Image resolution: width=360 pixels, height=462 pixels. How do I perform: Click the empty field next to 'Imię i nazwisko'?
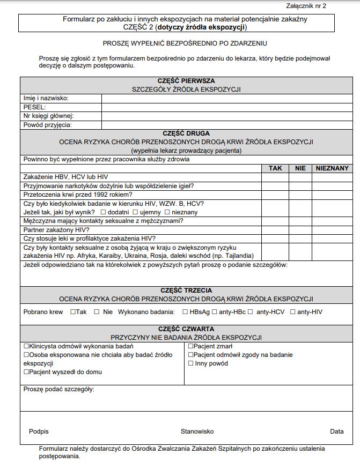(x=226, y=98)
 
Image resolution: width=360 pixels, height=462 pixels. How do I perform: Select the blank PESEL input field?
(x=226, y=107)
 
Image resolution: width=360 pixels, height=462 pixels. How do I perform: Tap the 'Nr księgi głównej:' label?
(x=48, y=116)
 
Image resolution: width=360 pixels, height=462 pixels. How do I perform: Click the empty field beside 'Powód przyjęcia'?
(x=226, y=125)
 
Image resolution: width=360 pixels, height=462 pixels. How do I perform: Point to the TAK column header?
(x=275, y=168)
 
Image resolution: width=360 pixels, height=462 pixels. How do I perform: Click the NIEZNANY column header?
(x=332, y=168)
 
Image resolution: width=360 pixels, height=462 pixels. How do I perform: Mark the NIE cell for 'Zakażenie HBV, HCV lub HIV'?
(x=300, y=177)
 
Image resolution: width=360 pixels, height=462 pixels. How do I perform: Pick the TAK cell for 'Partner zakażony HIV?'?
(x=275, y=229)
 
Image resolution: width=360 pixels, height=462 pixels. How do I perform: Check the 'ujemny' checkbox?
(x=135, y=212)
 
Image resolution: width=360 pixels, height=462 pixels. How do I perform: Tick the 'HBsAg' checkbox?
(x=185, y=311)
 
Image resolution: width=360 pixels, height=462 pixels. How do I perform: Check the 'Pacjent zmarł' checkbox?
(x=190, y=346)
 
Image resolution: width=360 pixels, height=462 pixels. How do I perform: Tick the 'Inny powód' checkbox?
(x=190, y=363)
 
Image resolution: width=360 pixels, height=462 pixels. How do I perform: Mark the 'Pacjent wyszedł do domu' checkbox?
(x=26, y=372)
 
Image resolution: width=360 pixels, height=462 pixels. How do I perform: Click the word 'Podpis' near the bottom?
(x=39, y=431)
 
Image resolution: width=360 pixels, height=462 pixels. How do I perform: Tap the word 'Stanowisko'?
(x=197, y=431)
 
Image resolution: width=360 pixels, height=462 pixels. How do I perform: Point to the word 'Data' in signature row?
(x=337, y=431)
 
